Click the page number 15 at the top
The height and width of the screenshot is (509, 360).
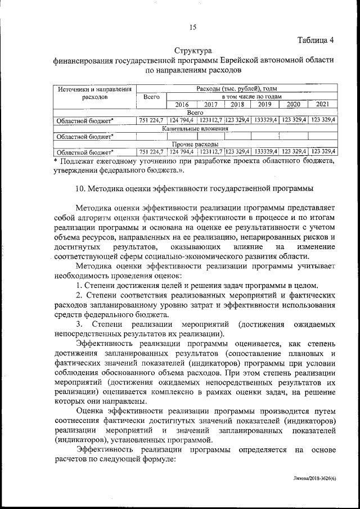pos(192,27)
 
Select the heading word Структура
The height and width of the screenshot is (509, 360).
pos(193,51)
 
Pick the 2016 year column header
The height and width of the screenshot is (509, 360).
pos(182,105)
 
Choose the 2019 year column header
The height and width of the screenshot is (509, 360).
pos(265,105)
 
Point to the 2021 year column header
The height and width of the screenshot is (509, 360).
pos(323,105)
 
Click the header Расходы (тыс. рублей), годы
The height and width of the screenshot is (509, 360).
pos(237,89)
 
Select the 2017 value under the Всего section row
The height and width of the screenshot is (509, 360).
pos(210,120)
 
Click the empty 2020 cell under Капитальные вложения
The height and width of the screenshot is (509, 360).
pos(294,136)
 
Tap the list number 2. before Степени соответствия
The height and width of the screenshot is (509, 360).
pos(79,294)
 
